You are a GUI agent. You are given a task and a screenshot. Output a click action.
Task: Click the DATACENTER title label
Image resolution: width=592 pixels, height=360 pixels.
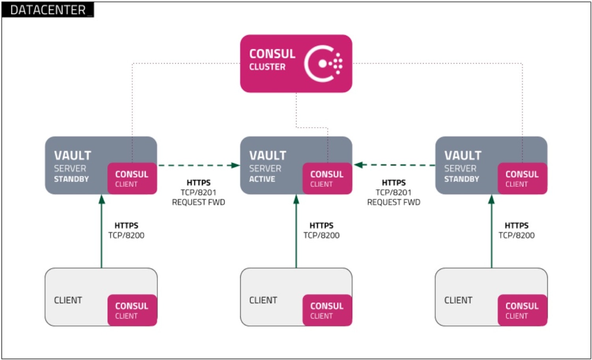click(x=48, y=9)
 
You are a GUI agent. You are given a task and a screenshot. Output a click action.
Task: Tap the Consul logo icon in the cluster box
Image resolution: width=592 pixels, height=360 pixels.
click(x=323, y=64)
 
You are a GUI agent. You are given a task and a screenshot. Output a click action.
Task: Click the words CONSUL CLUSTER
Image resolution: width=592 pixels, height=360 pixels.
click(x=272, y=60)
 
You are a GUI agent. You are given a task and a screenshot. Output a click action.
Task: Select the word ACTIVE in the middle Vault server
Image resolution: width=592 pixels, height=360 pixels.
click(x=262, y=179)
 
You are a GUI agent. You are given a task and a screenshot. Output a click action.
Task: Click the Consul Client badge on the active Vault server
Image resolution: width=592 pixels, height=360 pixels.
click(x=327, y=178)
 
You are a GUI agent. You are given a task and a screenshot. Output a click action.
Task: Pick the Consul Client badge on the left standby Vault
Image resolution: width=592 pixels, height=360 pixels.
click(x=132, y=178)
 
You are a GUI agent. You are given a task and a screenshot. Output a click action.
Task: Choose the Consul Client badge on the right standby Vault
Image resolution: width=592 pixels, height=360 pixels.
click(x=522, y=178)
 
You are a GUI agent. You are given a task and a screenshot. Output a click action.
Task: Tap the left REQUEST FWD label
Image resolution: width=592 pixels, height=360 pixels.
click(x=198, y=202)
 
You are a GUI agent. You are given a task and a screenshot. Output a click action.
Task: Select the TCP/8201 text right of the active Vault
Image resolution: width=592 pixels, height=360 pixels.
click(x=393, y=193)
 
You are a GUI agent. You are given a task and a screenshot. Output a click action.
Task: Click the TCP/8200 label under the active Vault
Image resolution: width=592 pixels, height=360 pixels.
click(x=321, y=236)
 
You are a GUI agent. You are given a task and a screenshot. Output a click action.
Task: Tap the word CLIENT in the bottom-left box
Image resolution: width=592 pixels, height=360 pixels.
click(x=68, y=300)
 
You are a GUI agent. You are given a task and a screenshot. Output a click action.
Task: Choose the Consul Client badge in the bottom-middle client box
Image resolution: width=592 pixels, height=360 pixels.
click(x=327, y=310)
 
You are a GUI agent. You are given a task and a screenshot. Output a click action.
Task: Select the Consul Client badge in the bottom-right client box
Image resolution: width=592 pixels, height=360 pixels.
click(x=522, y=310)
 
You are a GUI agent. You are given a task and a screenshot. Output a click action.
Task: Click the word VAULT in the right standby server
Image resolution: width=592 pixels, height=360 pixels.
click(x=463, y=156)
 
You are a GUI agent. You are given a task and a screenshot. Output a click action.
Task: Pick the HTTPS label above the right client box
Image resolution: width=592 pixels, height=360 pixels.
click(x=516, y=226)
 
